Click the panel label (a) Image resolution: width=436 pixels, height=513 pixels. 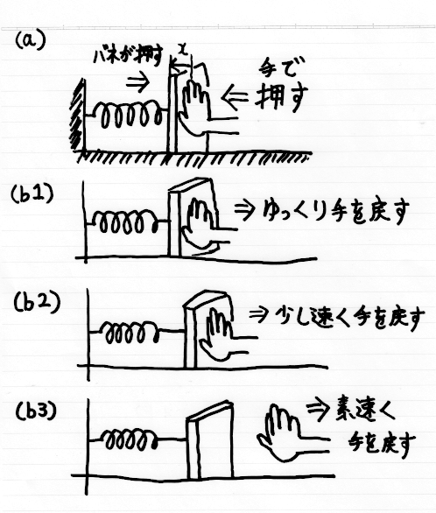tap(31, 41)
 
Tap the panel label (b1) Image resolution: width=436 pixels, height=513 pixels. tap(32, 194)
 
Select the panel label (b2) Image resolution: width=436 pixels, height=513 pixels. tap(37, 302)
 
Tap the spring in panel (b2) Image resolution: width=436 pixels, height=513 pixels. tap(131, 332)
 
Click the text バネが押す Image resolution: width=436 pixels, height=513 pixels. tap(129, 57)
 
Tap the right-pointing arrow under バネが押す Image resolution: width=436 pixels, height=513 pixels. tap(137, 82)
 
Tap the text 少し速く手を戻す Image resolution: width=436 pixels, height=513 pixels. tap(349, 318)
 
